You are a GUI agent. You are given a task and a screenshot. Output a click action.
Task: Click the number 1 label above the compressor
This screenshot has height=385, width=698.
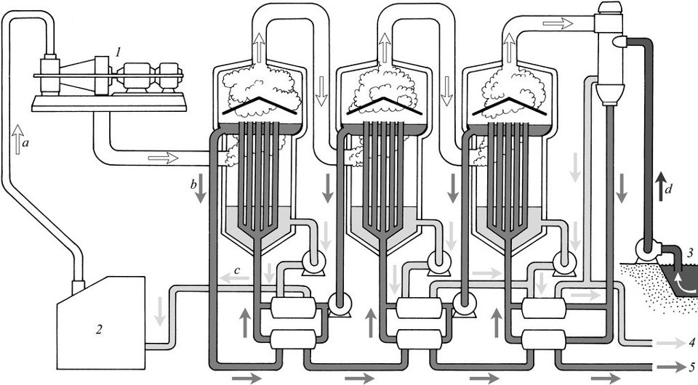pyautogui.click(x=118, y=53)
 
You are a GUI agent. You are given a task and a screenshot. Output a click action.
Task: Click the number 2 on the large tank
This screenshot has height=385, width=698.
pyautogui.click(x=100, y=329)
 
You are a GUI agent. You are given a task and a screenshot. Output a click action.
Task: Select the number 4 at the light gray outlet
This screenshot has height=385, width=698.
pyautogui.click(x=691, y=343)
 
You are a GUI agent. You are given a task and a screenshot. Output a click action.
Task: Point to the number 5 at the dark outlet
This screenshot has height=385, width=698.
pyautogui.click(x=691, y=368)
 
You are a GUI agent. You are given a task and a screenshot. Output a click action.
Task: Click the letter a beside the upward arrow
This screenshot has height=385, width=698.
pyautogui.click(x=25, y=144)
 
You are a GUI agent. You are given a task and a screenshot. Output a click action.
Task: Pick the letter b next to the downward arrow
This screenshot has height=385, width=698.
pyautogui.click(x=193, y=185)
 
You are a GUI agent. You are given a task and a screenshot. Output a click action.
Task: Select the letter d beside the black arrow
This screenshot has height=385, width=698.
pyautogui.click(x=667, y=190)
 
